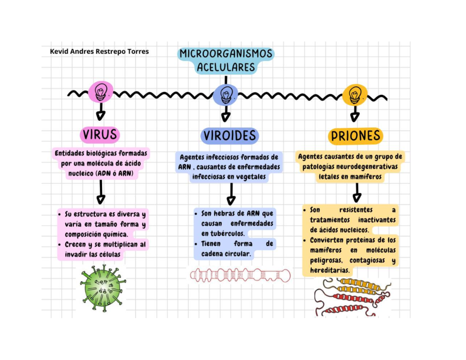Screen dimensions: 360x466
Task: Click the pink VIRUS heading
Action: [x=100, y=135]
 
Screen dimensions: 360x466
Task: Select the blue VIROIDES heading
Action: [x=230, y=136]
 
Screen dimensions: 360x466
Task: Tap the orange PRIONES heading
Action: [x=355, y=136]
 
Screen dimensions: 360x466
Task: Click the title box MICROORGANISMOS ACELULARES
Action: [x=226, y=60]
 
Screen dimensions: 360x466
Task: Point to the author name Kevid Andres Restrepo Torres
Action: [x=99, y=51]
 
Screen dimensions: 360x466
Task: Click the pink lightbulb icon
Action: [x=101, y=92]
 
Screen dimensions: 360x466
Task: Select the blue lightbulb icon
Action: [x=226, y=94]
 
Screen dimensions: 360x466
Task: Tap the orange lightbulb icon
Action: [x=354, y=94]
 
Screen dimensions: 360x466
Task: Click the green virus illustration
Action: [x=103, y=288]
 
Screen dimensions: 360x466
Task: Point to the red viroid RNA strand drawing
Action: [x=240, y=275]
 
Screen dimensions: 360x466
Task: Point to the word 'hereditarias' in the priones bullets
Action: [x=330, y=270]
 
